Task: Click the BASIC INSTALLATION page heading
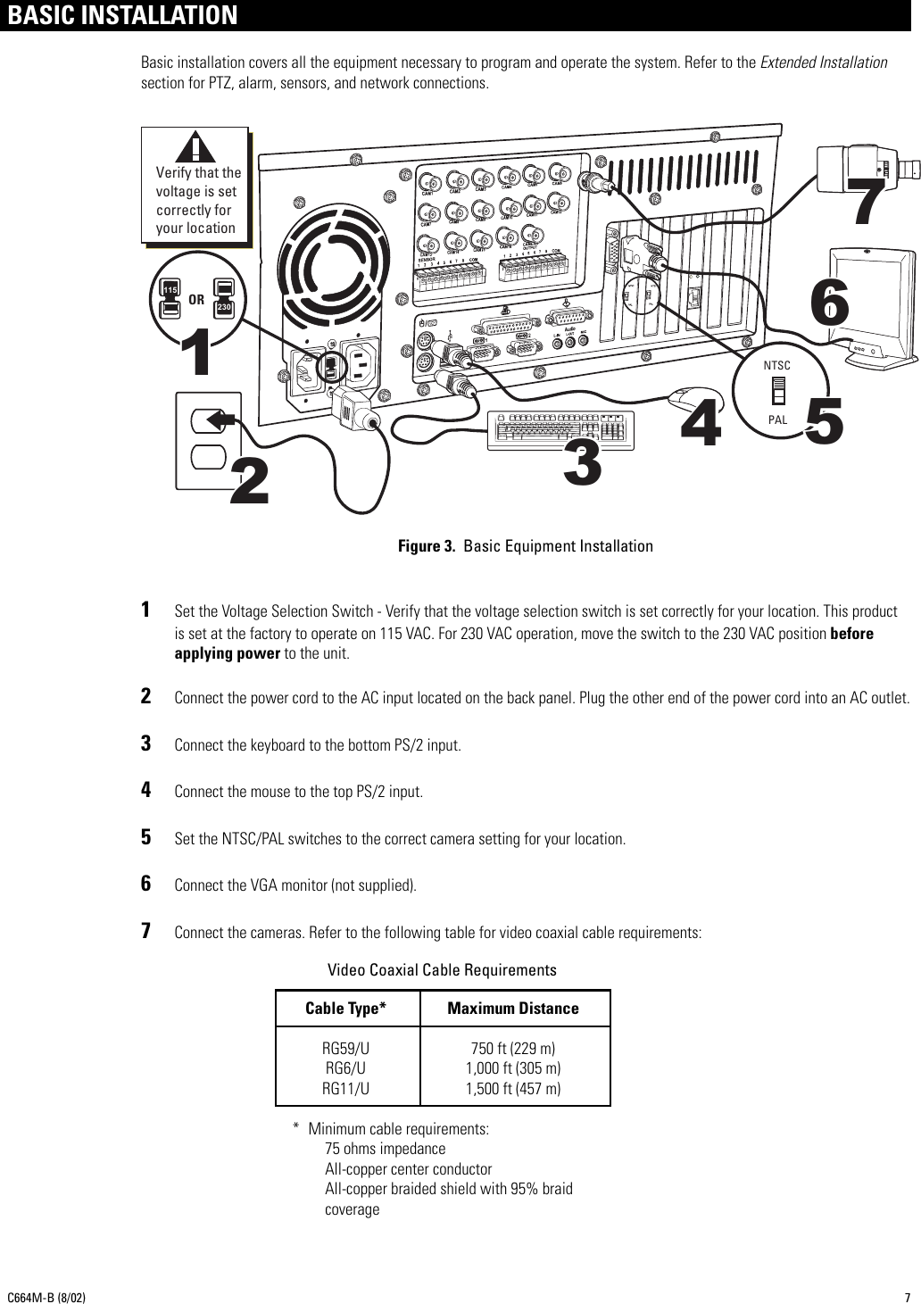pyautogui.click(x=123, y=15)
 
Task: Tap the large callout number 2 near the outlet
pyautogui.click(x=251, y=483)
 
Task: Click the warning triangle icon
pyautogui.click(x=195, y=147)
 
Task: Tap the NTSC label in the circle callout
pyautogui.click(x=777, y=366)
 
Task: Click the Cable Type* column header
pyautogui.click(x=345, y=1009)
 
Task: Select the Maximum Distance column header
pyautogui.click(x=512, y=1009)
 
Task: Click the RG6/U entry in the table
pyautogui.click(x=345, y=1067)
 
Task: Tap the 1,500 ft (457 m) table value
pyautogui.click(x=513, y=1088)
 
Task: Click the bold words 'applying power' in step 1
pyautogui.click(x=227, y=653)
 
